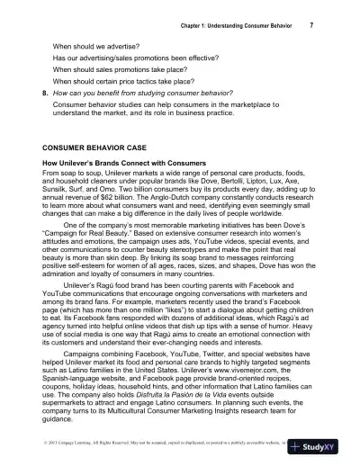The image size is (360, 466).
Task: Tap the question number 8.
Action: (x=46, y=92)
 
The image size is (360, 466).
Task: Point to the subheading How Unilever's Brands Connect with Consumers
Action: (x=129, y=163)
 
